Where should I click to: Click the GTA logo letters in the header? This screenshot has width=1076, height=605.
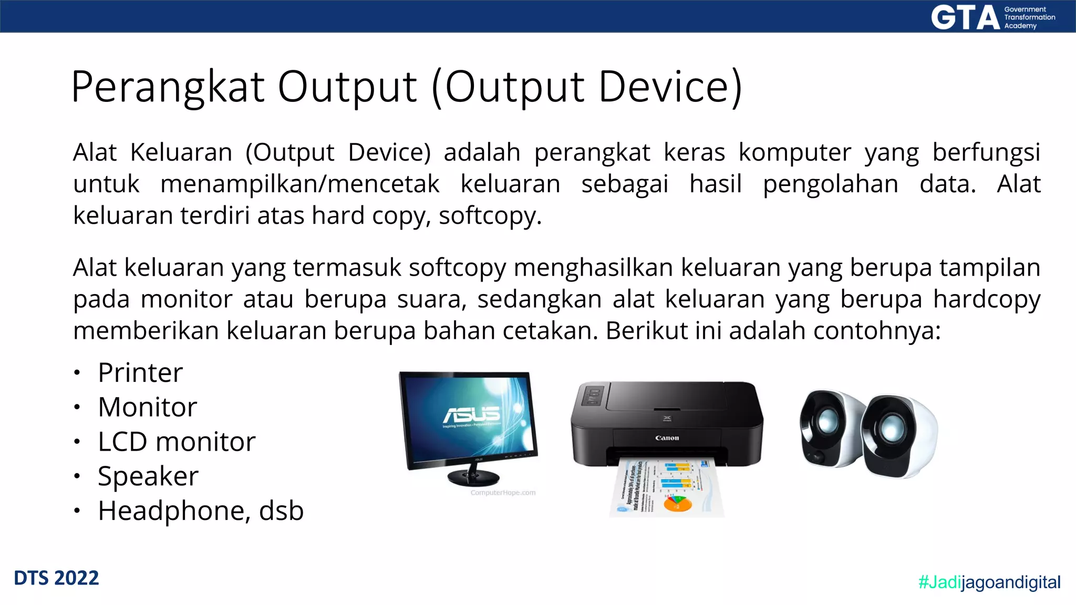(965, 17)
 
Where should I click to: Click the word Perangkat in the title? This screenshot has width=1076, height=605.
(168, 87)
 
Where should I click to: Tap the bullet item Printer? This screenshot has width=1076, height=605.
(140, 373)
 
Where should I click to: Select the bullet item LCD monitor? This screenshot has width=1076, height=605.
(177, 442)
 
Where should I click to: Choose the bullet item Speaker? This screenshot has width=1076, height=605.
(148, 476)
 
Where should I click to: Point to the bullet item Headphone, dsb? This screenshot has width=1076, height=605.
(201, 511)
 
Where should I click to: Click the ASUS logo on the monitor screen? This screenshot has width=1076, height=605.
(471, 414)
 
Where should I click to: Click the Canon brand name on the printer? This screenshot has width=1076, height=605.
(667, 437)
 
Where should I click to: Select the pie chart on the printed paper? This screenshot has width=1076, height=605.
(678, 504)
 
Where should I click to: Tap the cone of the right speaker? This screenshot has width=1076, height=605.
(891, 428)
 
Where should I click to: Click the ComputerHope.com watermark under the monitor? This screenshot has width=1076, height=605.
(503, 493)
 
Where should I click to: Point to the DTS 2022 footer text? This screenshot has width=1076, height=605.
(56, 578)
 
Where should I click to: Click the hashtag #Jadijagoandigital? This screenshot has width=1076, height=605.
(989, 582)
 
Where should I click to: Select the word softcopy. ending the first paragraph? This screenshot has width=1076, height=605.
(490, 216)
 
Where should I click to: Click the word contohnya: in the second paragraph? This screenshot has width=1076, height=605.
(876, 331)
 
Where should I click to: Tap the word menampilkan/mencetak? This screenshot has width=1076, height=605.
(299, 184)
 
